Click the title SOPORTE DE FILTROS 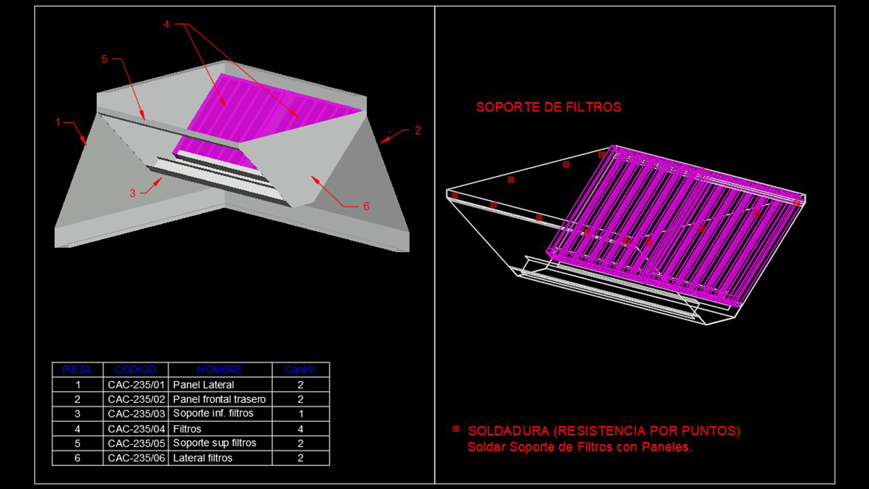[x=548, y=107]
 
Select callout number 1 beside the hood [x=58, y=122]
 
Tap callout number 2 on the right [x=418, y=130]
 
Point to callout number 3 [x=133, y=193]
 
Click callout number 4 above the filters [x=166, y=24]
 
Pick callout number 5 [x=105, y=60]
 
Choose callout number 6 [x=366, y=206]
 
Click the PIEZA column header [x=77, y=369]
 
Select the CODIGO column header [x=135, y=369]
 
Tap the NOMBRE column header [x=219, y=369]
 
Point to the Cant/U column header [x=300, y=369]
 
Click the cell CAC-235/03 [x=136, y=414]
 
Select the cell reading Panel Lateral [x=204, y=384]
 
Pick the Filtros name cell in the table [x=187, y=429]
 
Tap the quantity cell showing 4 [x=301, y=429]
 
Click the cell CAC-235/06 [x=136, y=458]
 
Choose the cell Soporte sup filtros [x=215, y=443]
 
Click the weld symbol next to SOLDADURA [x=456, y=429]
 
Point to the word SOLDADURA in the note [x=507, y=431]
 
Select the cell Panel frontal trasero [x=219, y=399]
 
